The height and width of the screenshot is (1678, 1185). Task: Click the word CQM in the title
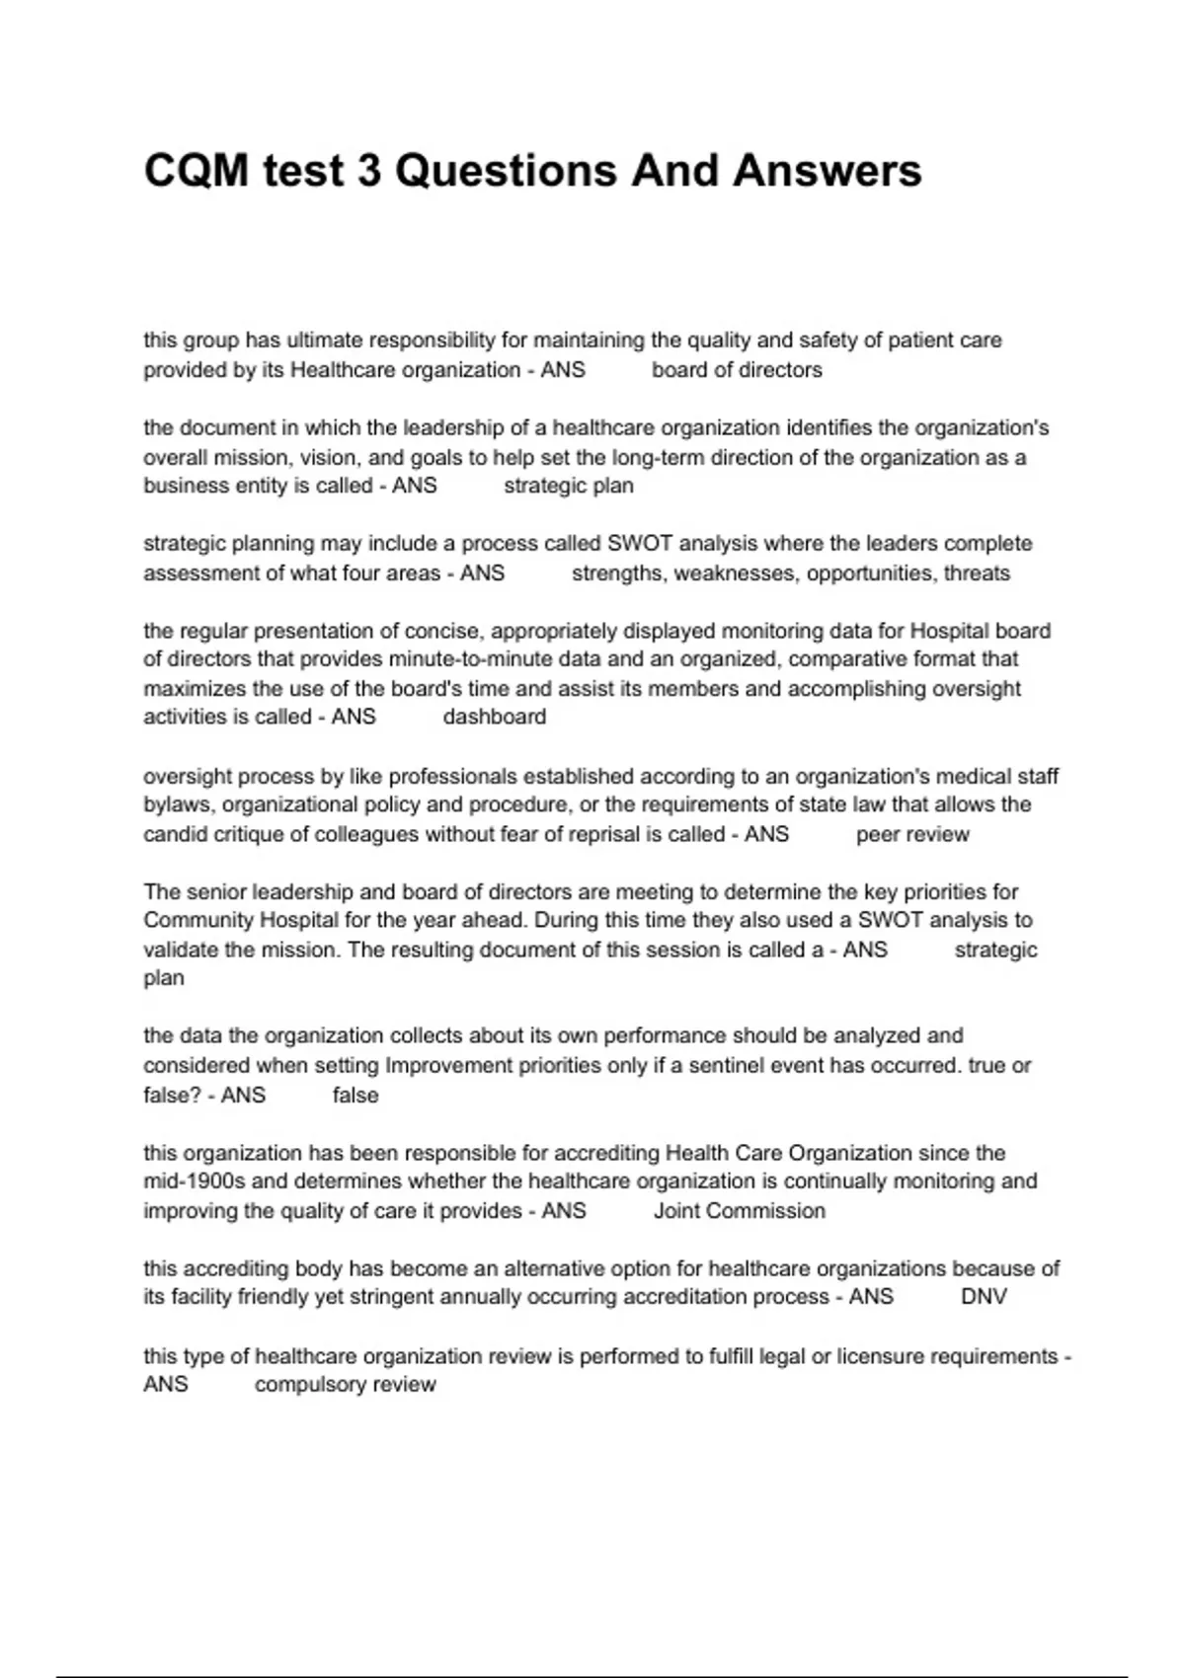[197, 171]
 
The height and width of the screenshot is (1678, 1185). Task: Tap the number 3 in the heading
[368, 171]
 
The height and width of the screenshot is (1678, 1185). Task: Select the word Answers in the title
[827, 171]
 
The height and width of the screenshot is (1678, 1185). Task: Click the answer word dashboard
[494, 718]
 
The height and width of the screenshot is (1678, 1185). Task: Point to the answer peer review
[912, 835]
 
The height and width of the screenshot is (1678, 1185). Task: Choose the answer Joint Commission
[739, 1211]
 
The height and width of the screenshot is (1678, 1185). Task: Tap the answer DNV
[984, 1297]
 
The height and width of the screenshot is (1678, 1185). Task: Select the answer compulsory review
[345, 1385]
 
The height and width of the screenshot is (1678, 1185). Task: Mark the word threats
[977, 573]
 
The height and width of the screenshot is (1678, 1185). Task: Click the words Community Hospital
[250, 921]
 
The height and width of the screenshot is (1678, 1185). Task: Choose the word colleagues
[366, 835]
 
